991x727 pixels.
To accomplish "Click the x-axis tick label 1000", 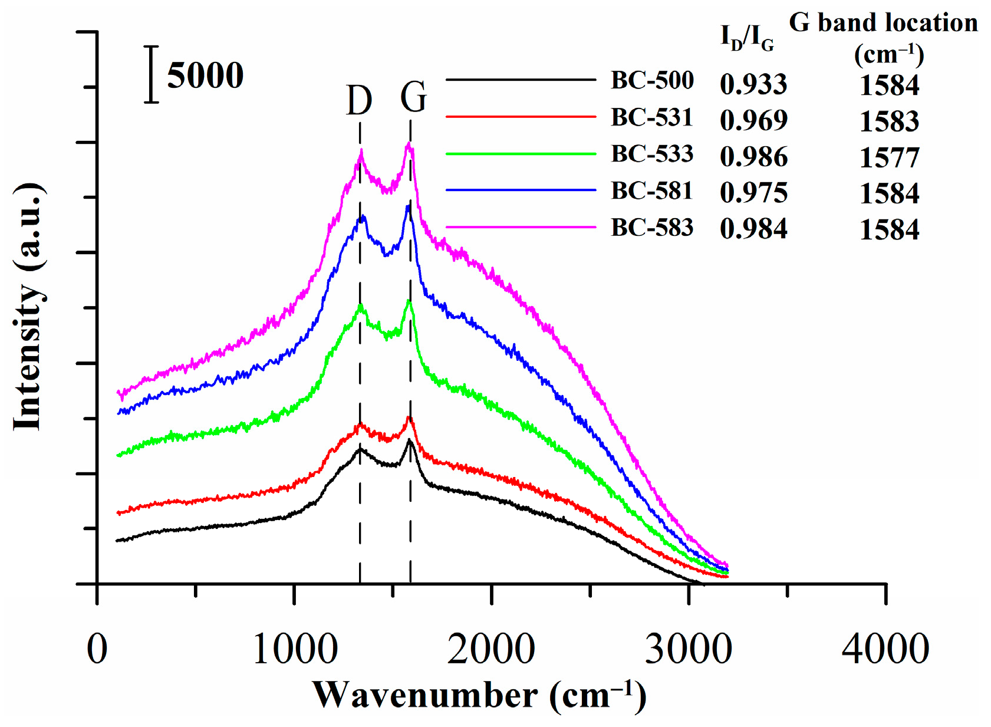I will tap(295, 650).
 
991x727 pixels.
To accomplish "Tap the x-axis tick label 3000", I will tap(688, 650).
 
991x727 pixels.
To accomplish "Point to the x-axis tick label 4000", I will tap(885, 650).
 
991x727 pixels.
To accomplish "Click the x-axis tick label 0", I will tap(97, 650).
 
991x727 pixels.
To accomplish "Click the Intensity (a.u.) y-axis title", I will tap(28, 307).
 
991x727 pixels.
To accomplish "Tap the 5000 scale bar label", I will tap(205, 75).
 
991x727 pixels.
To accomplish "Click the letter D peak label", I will tap(359, 100).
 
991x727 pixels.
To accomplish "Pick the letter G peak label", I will tap(413, 97).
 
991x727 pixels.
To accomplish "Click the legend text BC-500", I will tap(652, 80).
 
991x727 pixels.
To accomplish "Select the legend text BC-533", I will tap(652, 154).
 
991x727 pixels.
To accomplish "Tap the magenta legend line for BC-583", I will tap(521, 226).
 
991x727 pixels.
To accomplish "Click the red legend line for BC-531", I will tap(521, 117).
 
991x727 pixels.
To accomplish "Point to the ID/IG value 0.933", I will tap(753, 84).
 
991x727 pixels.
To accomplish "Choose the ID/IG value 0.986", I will tap(753, 157).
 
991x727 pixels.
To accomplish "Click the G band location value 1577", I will tap(889, 157).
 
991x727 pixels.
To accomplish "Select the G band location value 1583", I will tap(889, 121).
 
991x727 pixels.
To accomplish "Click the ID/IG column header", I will tap(747, 38).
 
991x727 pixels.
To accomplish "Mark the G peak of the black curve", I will tap(409, 441).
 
